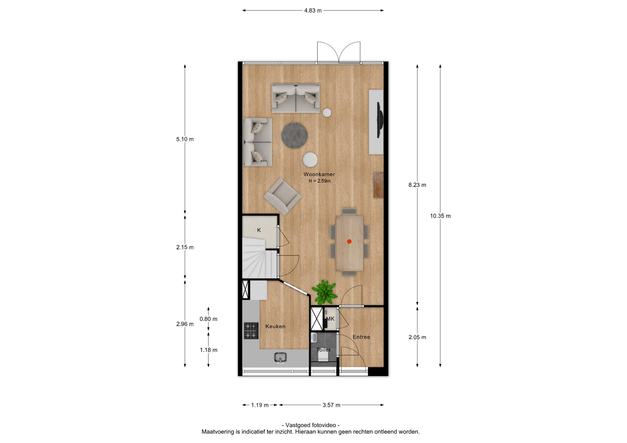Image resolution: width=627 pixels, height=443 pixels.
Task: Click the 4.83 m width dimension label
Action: point(313,10)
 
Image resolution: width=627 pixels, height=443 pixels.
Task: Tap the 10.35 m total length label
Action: point(440,216)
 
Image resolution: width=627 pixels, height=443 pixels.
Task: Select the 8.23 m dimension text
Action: point(417,185)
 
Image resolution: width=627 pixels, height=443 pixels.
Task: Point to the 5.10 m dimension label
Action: point(185,139)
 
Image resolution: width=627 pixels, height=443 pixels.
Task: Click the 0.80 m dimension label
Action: point(208,319)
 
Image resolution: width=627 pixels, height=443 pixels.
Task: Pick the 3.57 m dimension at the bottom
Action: point(331,405)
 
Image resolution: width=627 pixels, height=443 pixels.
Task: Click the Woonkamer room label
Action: point(319,174)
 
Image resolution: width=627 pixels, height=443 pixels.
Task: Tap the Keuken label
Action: point(275,326)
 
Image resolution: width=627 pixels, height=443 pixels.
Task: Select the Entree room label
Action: point(361,337)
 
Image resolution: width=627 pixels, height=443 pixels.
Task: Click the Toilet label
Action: point(323,350)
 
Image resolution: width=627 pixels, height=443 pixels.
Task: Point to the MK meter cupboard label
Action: point(330,319)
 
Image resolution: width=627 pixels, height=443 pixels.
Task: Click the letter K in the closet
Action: point(259,230)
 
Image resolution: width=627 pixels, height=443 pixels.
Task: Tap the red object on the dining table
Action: point(349,241)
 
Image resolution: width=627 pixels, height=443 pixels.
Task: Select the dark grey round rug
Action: point(294,135)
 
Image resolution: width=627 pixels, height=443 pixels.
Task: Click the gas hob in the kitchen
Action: point(251,330)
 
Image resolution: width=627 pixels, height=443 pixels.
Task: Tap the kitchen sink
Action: point(280,358)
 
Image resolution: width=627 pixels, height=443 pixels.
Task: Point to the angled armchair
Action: point(282,196)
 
